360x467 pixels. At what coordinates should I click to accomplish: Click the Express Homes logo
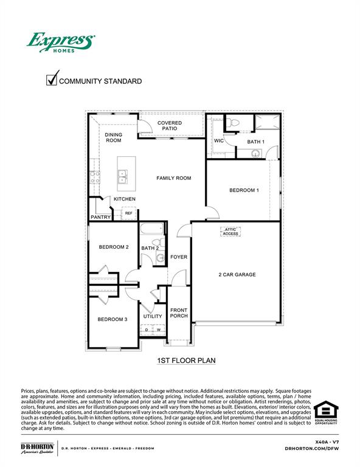tap(60, 43)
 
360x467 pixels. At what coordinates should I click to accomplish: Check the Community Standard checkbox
tap(52, 80)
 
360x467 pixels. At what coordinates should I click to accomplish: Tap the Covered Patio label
tap(170, 126)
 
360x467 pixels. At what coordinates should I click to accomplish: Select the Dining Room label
tap(114, 137)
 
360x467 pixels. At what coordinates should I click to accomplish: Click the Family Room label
tap(174, 178)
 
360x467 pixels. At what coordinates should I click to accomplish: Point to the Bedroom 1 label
tap(244, 190)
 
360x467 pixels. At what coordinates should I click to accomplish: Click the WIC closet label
tap(219, 141)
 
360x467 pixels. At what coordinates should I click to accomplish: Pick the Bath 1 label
tap(255, 142)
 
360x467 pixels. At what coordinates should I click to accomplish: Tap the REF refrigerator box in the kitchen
tap(128, 213)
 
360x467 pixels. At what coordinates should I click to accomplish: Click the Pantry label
tap(100, 217)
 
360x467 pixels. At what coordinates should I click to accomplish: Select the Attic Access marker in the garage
tap(230, 231)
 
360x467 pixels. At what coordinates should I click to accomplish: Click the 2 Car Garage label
tap(237, 275)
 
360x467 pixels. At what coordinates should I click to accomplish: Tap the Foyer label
tap(179, 257)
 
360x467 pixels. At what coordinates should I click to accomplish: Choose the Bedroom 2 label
tap(114, 247)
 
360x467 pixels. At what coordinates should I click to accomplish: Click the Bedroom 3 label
tap(112, 319)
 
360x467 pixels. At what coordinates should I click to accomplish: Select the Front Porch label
tap(179, 313)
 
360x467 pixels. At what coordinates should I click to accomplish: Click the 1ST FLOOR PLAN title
tap(186, 361)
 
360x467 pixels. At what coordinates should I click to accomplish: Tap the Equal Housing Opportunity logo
tap(325, 413)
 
